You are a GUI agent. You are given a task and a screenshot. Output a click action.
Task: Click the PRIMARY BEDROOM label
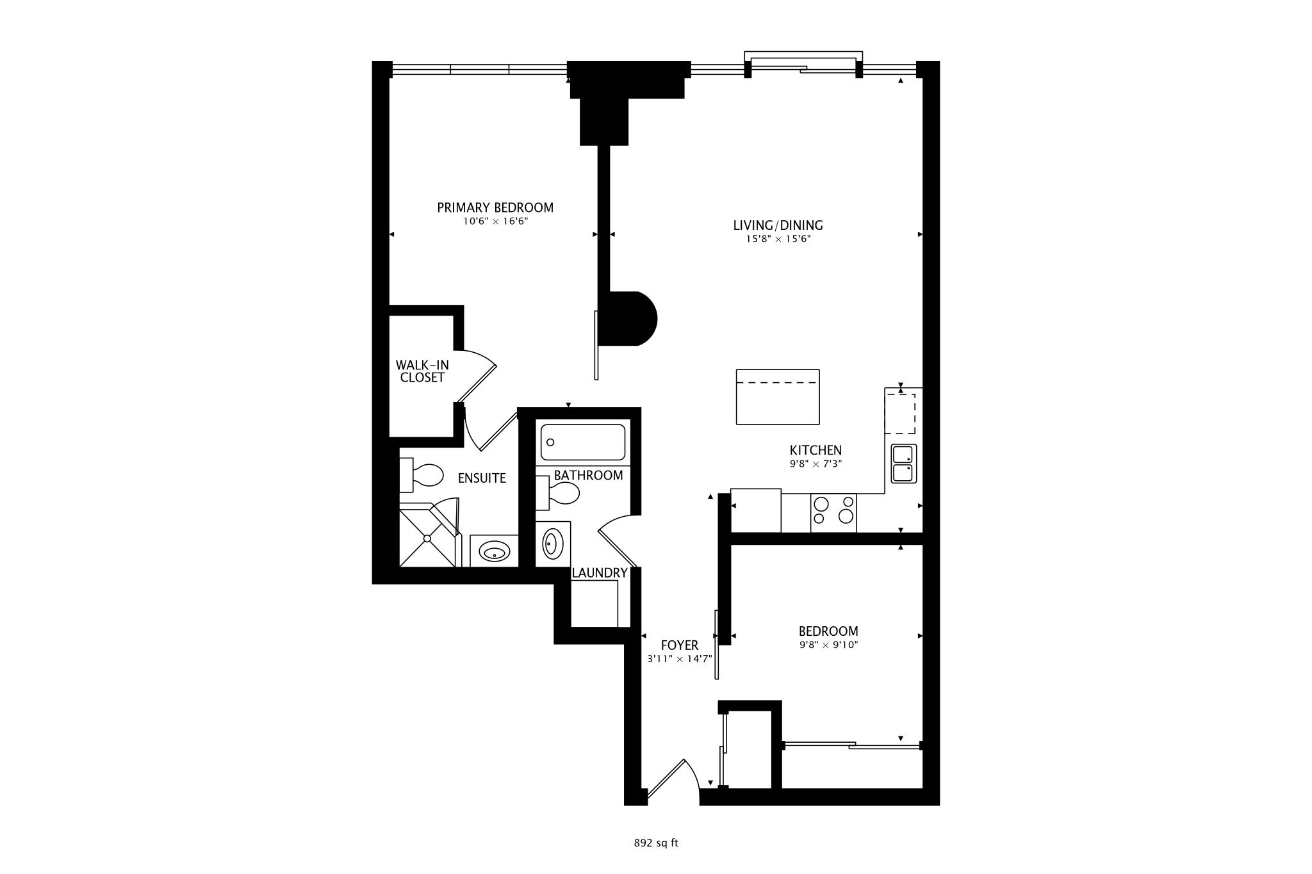coord(495,207)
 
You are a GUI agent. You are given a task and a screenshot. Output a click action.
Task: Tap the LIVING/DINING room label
coord(778,225)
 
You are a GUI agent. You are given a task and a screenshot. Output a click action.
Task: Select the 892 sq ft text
coord(656,843)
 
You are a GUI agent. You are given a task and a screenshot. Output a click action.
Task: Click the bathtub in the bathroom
coord(583,442)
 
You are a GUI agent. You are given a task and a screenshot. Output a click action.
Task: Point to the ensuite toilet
coord(422,475)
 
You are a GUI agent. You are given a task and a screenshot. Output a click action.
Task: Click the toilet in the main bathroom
coord(558,493)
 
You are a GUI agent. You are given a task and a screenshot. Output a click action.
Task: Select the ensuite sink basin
coord(495,551)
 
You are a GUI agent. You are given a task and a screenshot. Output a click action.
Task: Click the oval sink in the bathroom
coord(553,544)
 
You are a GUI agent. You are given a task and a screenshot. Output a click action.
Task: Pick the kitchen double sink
coord(904,464)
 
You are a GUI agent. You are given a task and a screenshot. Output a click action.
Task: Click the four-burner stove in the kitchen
coord(833,513)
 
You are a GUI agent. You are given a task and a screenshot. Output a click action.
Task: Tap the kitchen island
coord(778,396)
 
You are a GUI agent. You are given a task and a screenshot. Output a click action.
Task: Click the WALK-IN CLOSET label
coord(422,371)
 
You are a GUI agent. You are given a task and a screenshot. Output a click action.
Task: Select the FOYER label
coord(680,645)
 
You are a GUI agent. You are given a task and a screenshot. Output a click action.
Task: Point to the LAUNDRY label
coord(600,573)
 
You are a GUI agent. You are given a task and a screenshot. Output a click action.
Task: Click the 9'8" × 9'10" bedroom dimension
coord(828,645)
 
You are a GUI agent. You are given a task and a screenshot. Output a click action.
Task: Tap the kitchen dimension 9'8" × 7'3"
coord(816,464)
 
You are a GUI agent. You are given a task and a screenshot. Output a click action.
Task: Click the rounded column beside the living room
coord(632,319)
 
